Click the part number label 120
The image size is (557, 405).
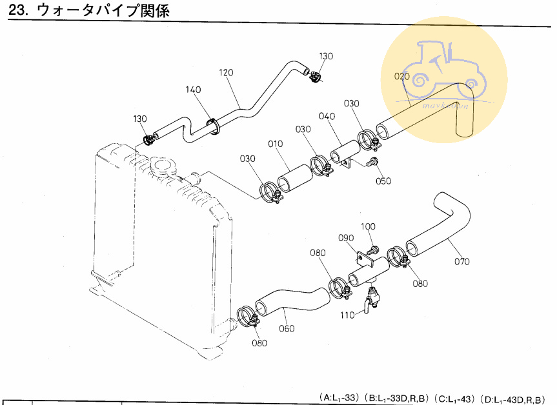pyautogui.click(x=225, y=72)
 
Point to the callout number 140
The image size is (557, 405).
pyautogui.click(x=194, y=90)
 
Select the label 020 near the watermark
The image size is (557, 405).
pyautogui.click(x=401, y=76)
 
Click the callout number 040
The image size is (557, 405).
pyautogui.click(x=327, y=117)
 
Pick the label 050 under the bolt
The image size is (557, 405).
pyautogui.click(x=383, y=181)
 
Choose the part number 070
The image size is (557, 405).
pyautogui.click(x=461, y=261)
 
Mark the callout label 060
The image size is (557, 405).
pyautogui.click(x=287, y=328)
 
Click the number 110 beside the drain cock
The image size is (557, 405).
pyautogui.click(x=347, y=315)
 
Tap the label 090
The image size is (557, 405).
pyautogui.click(x=346, y=238)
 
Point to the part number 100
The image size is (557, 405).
pyautogui.click(x=368, y=226)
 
